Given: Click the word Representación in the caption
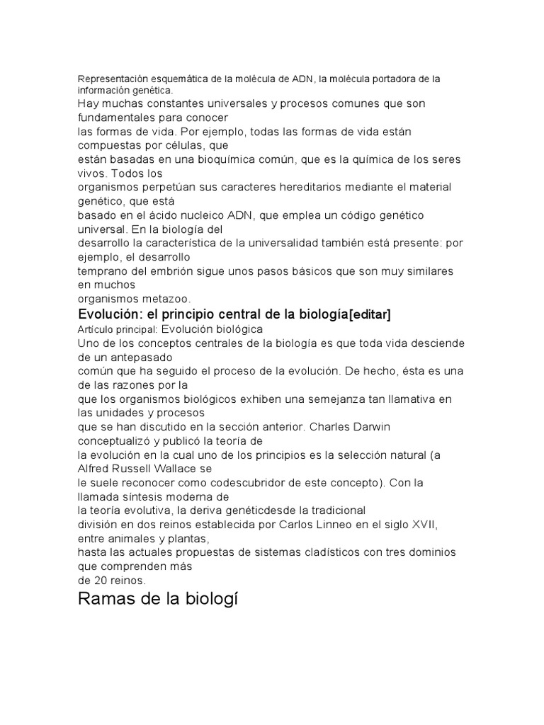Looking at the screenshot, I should coord(111,79).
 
